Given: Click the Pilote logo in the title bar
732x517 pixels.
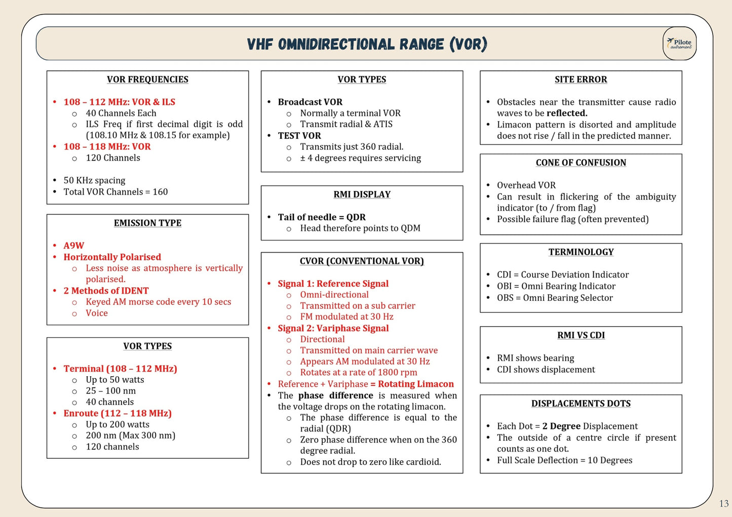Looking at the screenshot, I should click(679, 44).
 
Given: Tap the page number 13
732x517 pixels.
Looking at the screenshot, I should click(723, 503).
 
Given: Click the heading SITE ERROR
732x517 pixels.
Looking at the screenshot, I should click(581, 79).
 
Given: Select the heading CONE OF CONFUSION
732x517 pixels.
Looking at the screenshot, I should click(581, 163).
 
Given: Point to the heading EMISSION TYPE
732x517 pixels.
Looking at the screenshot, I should click(147, 223).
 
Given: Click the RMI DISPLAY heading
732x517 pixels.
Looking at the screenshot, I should click(362, 194).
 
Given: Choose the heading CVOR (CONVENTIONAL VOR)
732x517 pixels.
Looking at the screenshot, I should click(362, 261).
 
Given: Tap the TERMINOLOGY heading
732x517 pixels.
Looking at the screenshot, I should click(581, 252).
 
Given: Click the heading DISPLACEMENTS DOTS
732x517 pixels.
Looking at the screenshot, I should click(581, 404).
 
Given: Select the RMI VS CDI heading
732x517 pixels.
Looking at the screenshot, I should click(581, 335).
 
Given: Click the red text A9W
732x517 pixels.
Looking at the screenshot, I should click(74, 246).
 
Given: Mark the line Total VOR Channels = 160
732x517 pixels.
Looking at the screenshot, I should click(115, 192).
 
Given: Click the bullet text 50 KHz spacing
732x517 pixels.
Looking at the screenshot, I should click(94, 181).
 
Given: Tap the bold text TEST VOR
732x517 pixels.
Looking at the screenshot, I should click(299, 136).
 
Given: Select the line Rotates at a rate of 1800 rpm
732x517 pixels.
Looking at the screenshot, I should click(359, 373).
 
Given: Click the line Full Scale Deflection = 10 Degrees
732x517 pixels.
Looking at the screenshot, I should click(564, 460).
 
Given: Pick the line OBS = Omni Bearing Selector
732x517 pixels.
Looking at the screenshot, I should click(555, 298).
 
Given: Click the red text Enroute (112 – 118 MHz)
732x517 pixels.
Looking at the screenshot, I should click(118, 413).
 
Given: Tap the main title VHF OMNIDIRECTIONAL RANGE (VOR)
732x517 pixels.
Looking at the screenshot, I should click(367, 45).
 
